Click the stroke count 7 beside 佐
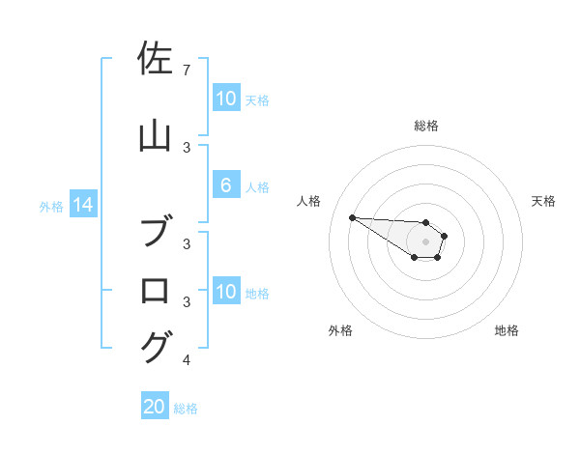tap(186, 70)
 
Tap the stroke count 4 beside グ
tap(186, 360)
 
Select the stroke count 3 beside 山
tap(186, 147)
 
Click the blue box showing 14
tap(83, 205)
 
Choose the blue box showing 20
tap(155, 407)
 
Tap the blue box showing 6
tap(225, 185)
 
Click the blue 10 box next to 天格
tap(225, 99)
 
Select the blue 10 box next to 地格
tap(225, 292)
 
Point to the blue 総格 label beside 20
tap(186, 409)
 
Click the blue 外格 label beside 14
tap(51, 206)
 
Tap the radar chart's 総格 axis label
tap(425, 126)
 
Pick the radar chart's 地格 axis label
tap(507, 330)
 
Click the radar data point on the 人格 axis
tap(352, 217)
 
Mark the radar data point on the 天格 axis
tap(444, 236)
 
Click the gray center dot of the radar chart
tap(425, 241)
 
